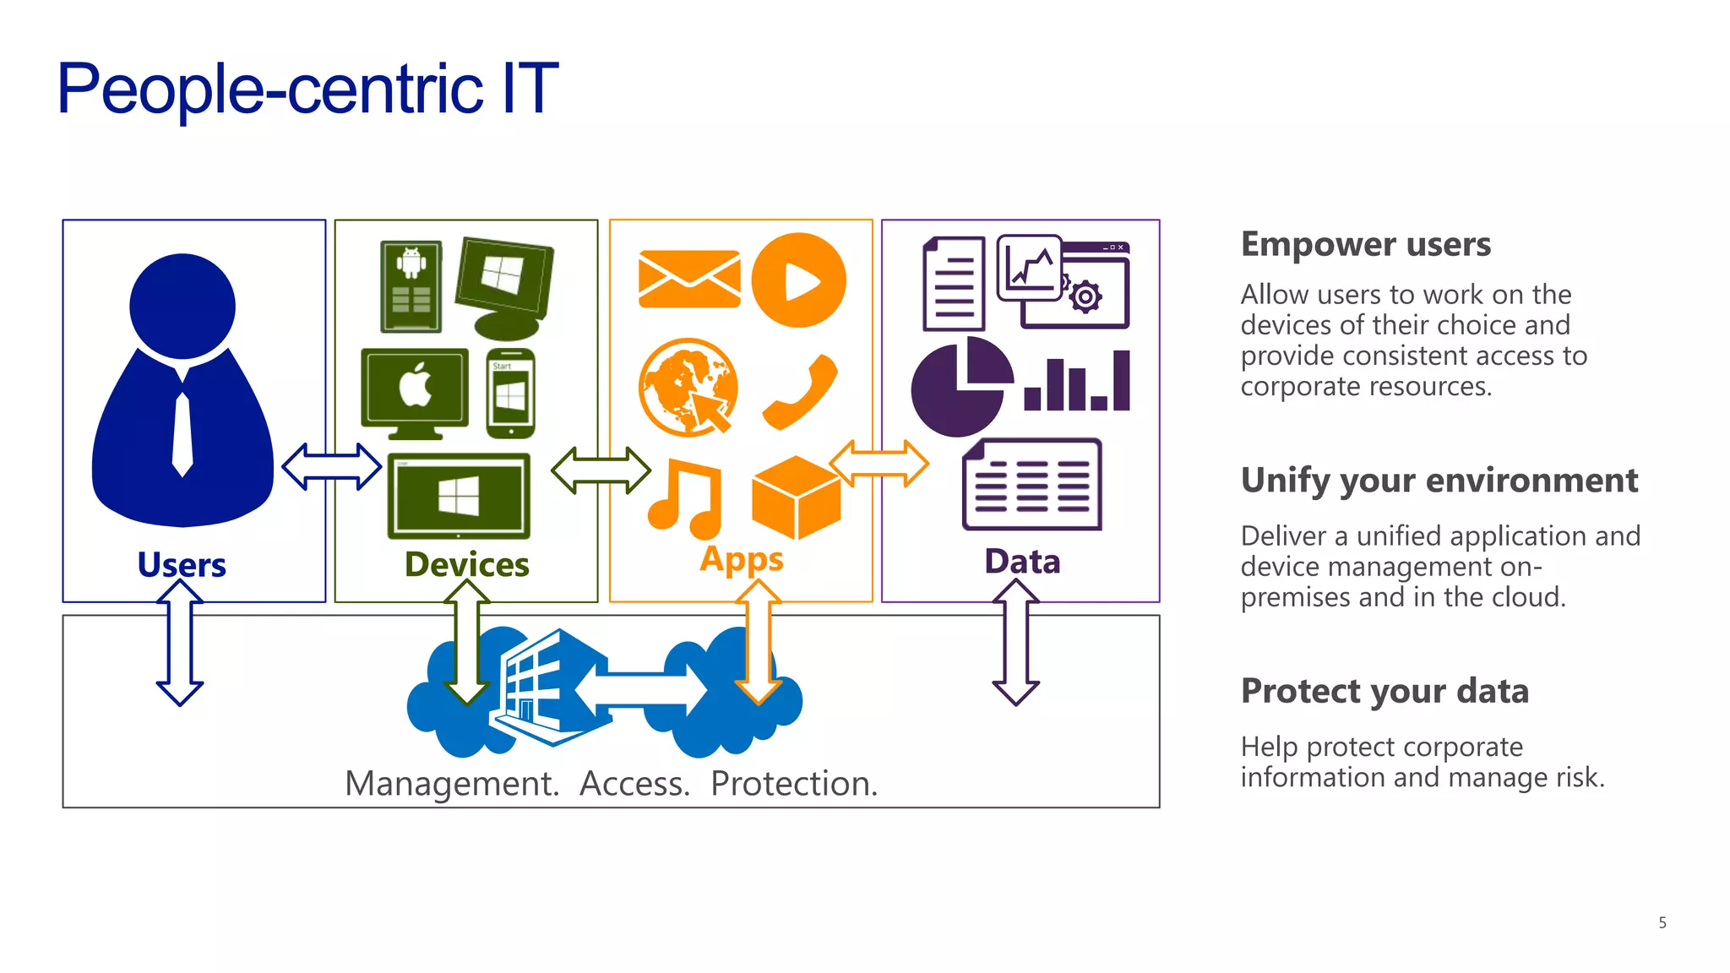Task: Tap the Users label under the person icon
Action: click(182, 564)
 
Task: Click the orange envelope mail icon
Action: click(689, 279)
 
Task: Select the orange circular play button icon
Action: click(798, 280)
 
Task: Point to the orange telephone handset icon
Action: click(799, 392)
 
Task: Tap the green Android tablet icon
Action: click(411, 286)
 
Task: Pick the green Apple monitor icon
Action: click(415, 392)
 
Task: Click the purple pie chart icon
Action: click(960, 388)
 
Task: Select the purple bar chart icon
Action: click(1078, 383)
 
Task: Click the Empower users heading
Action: click(1365, 244)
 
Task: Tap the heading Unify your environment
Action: click(1439, 480)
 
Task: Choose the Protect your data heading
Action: click(1385, 691)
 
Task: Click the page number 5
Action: click(1662, 922)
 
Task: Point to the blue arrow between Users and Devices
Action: click(331, 466)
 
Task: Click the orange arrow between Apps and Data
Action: click(879, 463)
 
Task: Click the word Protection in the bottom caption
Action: click(792, 784)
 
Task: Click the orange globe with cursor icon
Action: click(688, 388)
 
